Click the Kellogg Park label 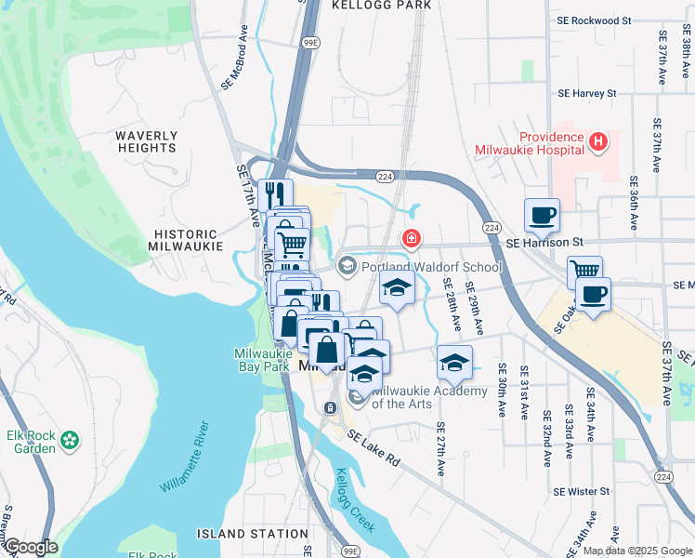[382, 6]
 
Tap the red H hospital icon [599, 142]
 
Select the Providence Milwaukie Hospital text [530, 142]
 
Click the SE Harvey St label [586, 93]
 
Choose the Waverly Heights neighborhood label [146, 141]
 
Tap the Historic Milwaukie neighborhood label [186, 240]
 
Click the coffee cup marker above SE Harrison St [543, 216]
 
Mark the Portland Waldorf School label [431, 267]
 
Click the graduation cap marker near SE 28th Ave [454, 361]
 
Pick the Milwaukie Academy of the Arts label [429, 397]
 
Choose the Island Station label [253, 534]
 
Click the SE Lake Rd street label [373, 447]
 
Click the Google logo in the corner [30, 547]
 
